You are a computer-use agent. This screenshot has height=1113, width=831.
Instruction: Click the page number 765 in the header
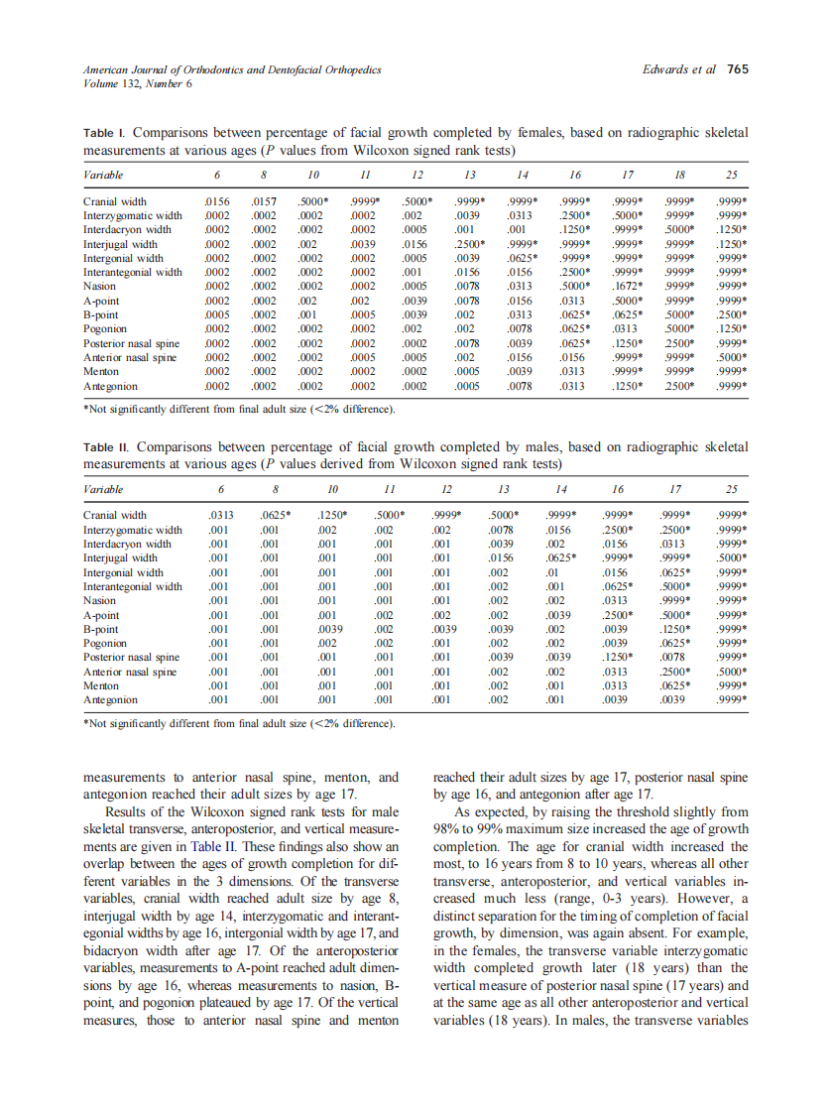coord(738,69)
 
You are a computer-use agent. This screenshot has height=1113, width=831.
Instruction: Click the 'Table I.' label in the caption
coord(104,132)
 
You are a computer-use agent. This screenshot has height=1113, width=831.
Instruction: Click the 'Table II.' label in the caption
coord(106,447)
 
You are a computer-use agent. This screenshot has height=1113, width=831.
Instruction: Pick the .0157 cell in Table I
coord(263,201)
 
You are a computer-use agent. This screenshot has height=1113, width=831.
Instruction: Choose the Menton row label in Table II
coord(101,685)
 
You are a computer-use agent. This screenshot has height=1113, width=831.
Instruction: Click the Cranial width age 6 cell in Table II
coord(220,516)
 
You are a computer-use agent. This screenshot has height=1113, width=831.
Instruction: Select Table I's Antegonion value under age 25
coord(731,386)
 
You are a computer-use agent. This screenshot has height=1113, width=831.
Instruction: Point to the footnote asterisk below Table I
coord(86,409)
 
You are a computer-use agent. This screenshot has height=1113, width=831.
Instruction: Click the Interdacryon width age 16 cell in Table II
coord(617,544)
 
